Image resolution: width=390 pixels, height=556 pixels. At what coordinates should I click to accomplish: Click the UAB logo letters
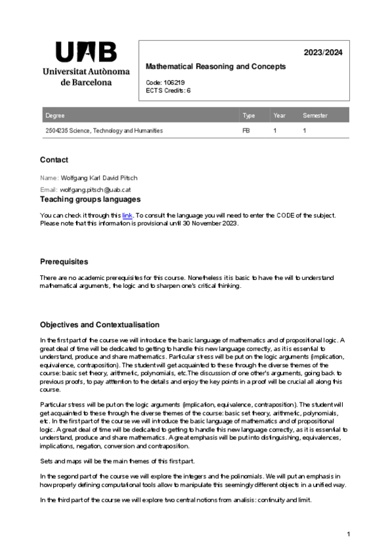86,52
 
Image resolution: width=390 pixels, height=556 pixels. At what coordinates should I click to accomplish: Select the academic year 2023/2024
323,52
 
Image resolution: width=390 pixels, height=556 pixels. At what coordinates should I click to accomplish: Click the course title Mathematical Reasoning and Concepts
216,67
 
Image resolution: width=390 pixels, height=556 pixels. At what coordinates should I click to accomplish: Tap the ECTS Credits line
168,90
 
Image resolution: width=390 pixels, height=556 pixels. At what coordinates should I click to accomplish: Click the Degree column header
55,116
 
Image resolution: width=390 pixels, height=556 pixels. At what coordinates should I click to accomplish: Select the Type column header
248,116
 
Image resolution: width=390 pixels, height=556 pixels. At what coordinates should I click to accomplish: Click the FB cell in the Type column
246,131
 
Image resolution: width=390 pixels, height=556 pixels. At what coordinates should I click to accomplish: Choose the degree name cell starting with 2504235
104,131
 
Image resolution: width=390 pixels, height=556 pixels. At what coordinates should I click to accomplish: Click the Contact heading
54,160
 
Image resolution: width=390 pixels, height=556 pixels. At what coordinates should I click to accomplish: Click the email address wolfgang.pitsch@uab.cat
94,189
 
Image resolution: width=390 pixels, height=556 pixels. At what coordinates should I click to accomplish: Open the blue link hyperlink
127,215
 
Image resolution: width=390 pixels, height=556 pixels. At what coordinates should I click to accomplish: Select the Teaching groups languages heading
90,199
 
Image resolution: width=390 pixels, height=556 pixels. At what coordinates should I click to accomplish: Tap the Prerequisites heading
64,262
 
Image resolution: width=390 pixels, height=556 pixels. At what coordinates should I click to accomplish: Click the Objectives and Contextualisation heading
100,325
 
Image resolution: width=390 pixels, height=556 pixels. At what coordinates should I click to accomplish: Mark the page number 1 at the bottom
349,534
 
